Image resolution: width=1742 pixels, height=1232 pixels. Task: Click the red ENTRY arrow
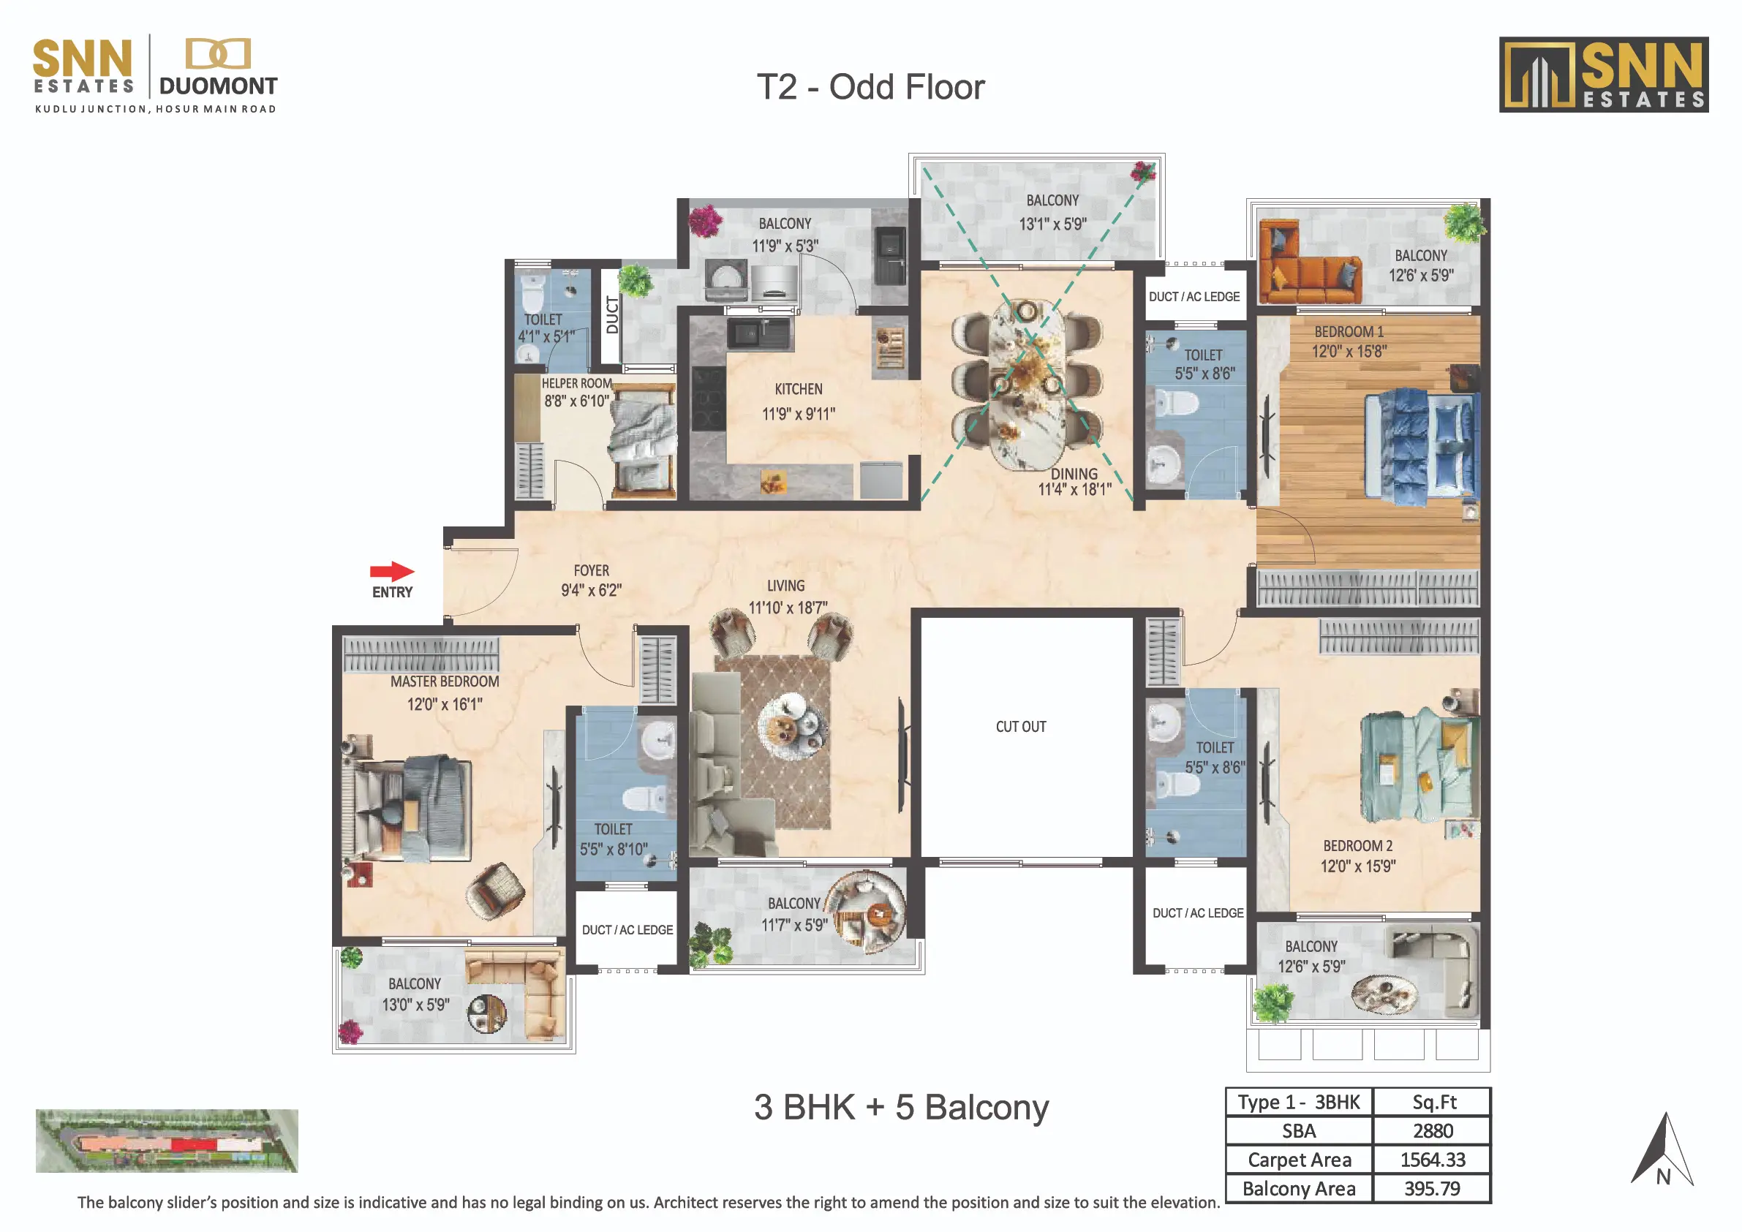point(391,571)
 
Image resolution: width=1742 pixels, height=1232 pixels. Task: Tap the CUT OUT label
point(1020,727)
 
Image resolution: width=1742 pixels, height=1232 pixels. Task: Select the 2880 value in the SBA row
point(1433,1131)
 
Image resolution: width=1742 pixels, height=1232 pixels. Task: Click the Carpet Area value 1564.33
point(1433,1160)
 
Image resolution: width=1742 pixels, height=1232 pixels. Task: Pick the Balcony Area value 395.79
point(1433,1189)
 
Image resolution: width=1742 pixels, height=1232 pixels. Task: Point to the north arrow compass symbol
point(1662,1149)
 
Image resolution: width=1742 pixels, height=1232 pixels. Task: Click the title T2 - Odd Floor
point(870,87)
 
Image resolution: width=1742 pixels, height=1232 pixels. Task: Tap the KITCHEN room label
point(798,389)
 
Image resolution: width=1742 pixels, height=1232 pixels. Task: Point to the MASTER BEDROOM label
point(445,682)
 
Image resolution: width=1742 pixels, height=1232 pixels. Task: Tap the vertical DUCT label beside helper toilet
point(612,315)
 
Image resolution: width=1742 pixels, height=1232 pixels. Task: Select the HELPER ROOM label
point(576,384)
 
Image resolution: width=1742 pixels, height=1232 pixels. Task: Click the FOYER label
point(591,570)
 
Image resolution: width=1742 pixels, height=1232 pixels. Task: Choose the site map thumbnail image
point(167,1141)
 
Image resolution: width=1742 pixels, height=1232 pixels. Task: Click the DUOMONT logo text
point(219,86)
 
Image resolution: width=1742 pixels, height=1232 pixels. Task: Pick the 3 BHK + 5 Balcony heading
point(901,1108)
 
